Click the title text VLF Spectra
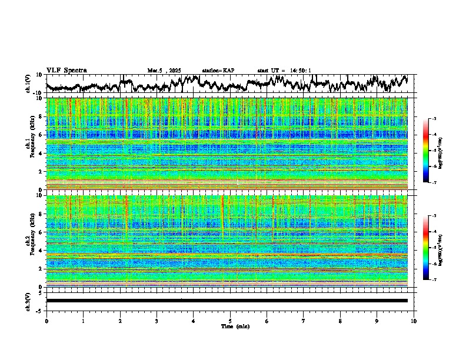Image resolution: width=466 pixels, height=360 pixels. click(x=66, y=71)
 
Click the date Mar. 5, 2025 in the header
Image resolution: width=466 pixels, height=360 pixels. click(x=165, y=71)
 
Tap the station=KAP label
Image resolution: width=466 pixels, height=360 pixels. click(x=218, y=71)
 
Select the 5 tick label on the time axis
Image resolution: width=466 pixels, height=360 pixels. click(x=230, y=321)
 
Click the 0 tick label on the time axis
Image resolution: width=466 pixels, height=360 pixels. click(x=46, y=321)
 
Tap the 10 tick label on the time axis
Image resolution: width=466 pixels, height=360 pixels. click(x=414, y=321)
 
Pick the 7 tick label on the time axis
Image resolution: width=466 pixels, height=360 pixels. click(x=304, y=321)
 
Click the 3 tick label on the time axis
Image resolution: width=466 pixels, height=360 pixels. click(x=157, y=321)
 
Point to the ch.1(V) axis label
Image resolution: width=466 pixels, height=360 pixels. click(x=29, y=84)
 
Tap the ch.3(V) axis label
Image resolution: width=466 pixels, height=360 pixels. click(x=29, y=301)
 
